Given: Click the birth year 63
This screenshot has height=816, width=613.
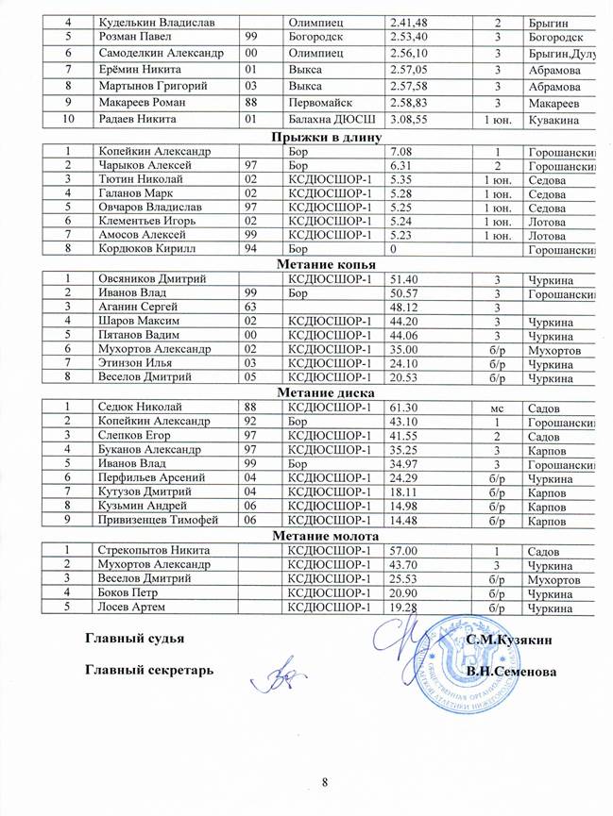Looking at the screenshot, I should click(x=252, y=307).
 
